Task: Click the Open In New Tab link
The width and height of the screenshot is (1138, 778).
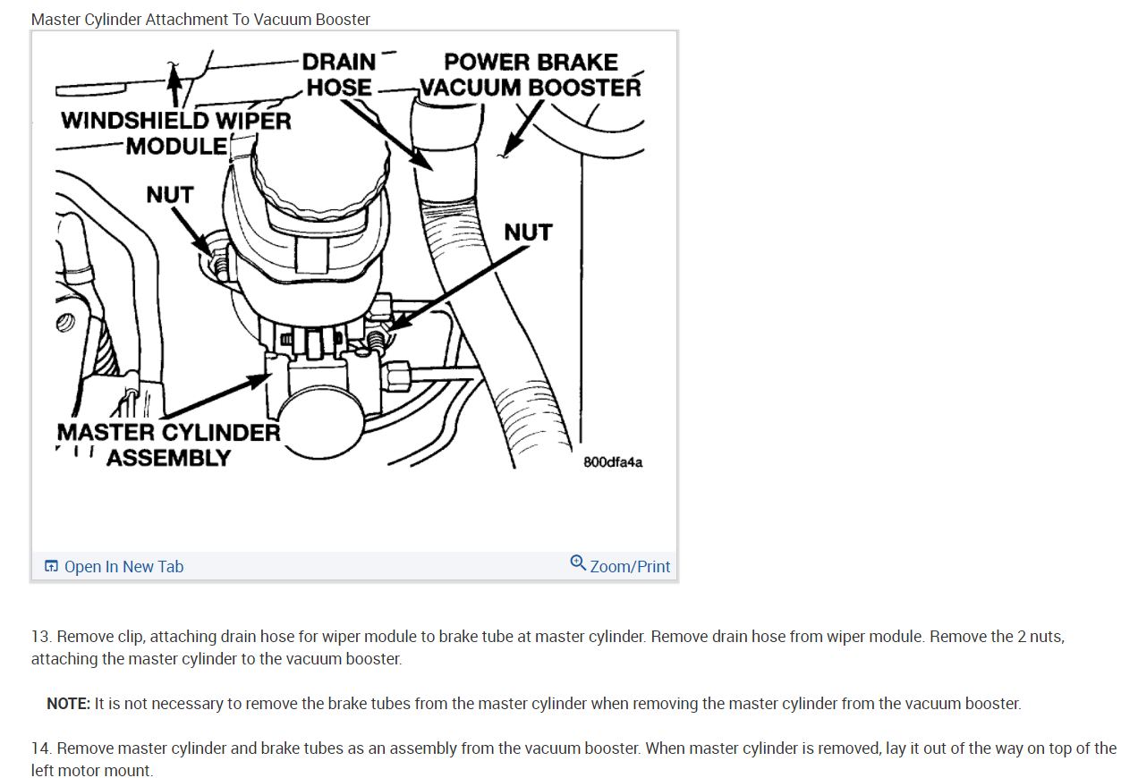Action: click(x=123, y=567)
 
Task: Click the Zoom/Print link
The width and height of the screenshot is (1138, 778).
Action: click(x=630, y=567)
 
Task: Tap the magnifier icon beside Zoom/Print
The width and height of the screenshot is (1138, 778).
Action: click(x=578, y=563)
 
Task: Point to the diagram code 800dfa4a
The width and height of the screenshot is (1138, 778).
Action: click(x=613, y=462)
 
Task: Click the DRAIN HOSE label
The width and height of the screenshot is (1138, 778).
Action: click(x=339, y=74)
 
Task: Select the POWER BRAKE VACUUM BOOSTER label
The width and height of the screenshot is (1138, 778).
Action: click(x=531, y=75)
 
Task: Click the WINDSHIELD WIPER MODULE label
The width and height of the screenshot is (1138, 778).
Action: click(x=176, y=132)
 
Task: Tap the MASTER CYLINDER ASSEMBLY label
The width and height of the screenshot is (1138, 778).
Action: click(x=168, y=444)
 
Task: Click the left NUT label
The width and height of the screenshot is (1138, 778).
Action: click(x=169, y=194)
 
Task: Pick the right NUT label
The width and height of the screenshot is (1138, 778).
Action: click(x=528, y=233)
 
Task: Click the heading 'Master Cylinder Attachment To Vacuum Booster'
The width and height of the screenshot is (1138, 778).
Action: click(x=200, y=19)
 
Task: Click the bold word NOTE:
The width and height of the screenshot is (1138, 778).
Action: click(x=69, y=704)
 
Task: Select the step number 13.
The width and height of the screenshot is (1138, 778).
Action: click(x=40, y=637)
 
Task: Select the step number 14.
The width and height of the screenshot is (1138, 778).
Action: click(x=40, y=748)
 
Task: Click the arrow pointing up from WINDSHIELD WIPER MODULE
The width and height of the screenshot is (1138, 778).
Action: click(x=175, y=86)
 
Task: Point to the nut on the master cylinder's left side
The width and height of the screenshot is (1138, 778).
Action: click(x=215, y=263)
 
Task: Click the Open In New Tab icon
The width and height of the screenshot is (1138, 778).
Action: click(x=52, y=567)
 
